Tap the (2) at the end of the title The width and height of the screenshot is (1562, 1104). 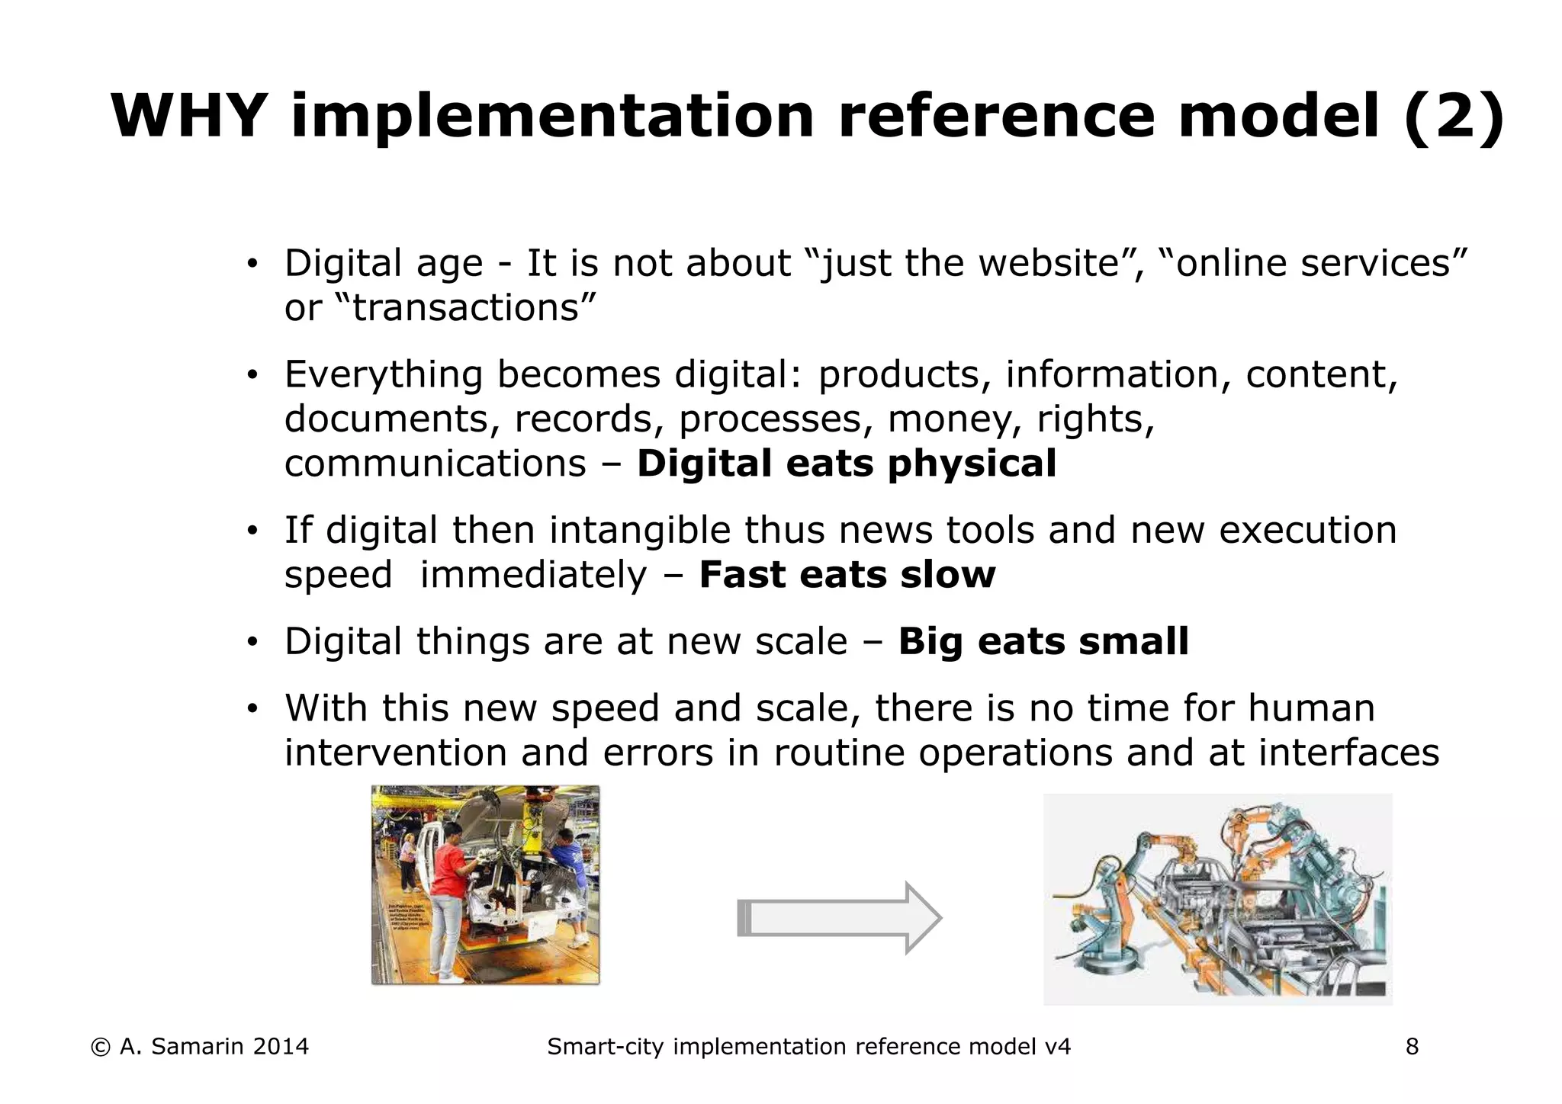(1453, 116)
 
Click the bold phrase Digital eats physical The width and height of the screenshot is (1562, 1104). (847, 464)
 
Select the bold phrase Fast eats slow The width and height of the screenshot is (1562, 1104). (847, 575)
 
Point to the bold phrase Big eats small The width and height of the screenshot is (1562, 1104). (1043, 641)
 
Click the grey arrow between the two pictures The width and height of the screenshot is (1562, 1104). (839, 918)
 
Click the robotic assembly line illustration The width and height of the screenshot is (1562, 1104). (1217, 900)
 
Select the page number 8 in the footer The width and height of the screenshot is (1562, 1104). (1412, 1047)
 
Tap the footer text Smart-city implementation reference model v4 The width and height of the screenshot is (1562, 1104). (808, 1047)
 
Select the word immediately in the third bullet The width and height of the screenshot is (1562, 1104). (533, 575)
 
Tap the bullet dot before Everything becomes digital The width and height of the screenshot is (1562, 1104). (252, 375)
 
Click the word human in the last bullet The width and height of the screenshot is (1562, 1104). (1311, 708)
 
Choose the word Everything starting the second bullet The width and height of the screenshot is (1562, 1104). (384, 375)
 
